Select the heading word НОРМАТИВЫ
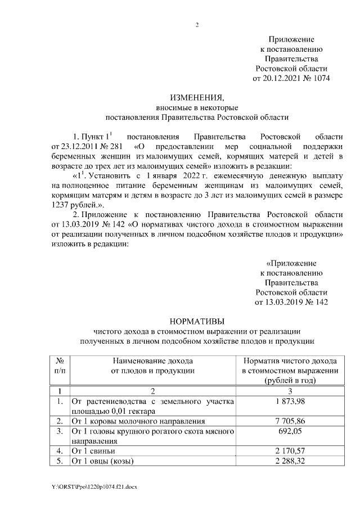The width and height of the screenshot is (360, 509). (x=197, y=321)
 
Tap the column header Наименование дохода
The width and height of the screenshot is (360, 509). (x=152, y=360)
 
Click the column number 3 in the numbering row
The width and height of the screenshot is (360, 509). (x=289, y=390)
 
